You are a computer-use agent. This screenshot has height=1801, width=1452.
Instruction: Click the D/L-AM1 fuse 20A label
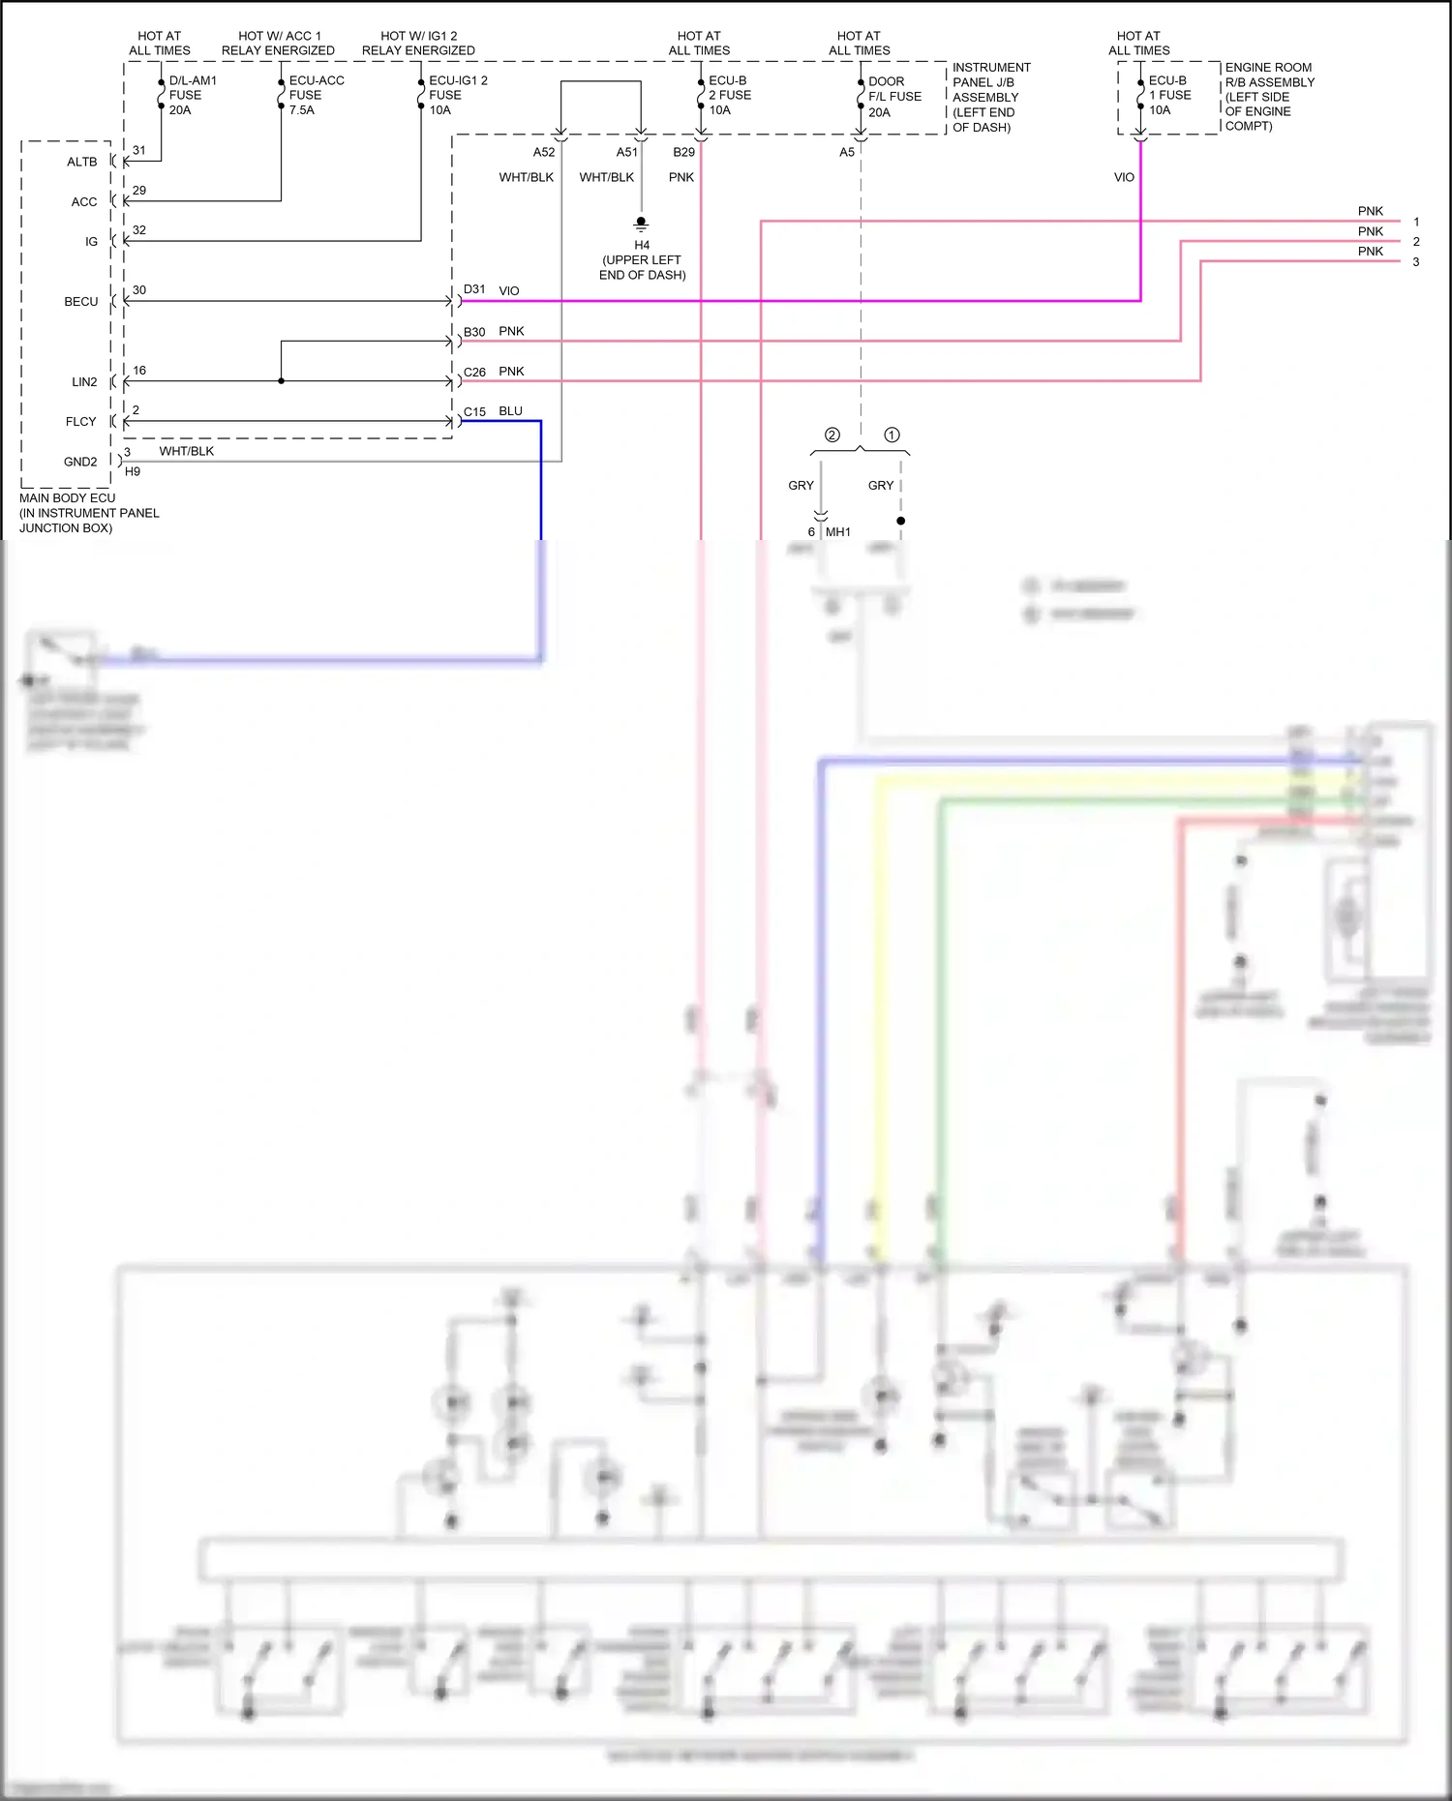pos(192,95)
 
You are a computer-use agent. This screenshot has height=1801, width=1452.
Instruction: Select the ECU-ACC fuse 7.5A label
pos(316,95)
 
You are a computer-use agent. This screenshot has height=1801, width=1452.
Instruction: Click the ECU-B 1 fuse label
pos(1168,95)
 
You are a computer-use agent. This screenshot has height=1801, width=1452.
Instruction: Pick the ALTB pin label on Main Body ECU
pos(82,162)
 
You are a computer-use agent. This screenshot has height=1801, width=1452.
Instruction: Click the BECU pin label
pos(81,301)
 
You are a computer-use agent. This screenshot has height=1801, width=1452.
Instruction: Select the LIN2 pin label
pos(84,381)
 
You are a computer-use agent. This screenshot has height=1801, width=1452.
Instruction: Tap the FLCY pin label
pos(81,421)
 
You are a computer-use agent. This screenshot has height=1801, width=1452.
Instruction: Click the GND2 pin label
pos(80,462)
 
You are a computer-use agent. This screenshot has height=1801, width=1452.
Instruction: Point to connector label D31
pos(474,289)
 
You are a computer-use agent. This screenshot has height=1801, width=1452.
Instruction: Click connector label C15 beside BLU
pos(474,411)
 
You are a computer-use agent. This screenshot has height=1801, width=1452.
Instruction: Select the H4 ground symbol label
pos(642,245)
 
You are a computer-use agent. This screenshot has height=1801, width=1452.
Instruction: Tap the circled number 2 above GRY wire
pos(832,435)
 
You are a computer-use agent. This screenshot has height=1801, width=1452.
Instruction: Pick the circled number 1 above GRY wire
pos(892,435)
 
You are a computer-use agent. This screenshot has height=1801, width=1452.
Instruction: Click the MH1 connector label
pos(837,531)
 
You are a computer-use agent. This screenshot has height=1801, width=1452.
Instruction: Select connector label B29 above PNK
pos(683,152)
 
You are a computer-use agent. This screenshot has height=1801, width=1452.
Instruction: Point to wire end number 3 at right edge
pos(1415,261)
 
